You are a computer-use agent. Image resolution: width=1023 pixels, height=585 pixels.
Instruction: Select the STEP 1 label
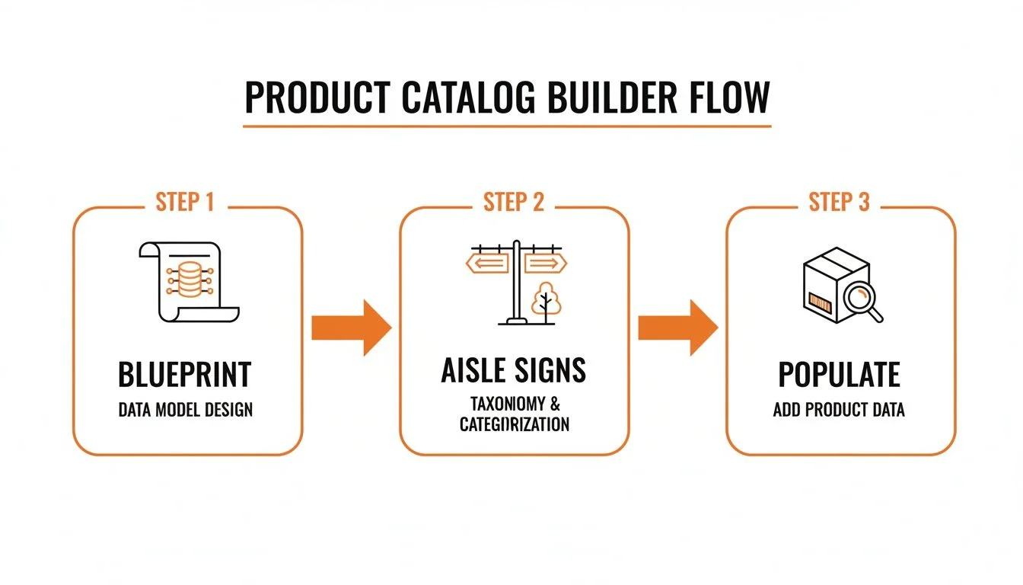(185, 203)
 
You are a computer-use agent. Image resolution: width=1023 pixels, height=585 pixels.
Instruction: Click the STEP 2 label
(514, 203)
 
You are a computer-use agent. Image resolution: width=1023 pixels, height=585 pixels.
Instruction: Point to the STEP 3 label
(839, 203)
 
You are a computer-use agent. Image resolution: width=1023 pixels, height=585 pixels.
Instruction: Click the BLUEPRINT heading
(185, 375)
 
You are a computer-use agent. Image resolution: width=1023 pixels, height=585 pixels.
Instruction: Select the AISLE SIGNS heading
(514, 370)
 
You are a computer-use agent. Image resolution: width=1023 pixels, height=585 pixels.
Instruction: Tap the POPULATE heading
(839, 375)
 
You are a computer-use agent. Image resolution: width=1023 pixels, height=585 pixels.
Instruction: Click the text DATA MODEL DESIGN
(185, 410)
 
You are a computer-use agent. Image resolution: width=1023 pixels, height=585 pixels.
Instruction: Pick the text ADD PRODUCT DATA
(839, 410)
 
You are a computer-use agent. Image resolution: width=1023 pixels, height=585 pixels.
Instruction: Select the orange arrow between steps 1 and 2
(351, 328)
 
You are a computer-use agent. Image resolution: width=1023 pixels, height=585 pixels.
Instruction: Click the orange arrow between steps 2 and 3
(677, 328)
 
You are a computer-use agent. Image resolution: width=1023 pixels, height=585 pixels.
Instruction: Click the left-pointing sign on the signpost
(487, 264)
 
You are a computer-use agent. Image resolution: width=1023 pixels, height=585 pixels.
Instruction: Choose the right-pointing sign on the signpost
(545, 264)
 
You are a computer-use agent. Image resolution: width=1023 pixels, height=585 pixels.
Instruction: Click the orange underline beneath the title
(508, 126)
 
